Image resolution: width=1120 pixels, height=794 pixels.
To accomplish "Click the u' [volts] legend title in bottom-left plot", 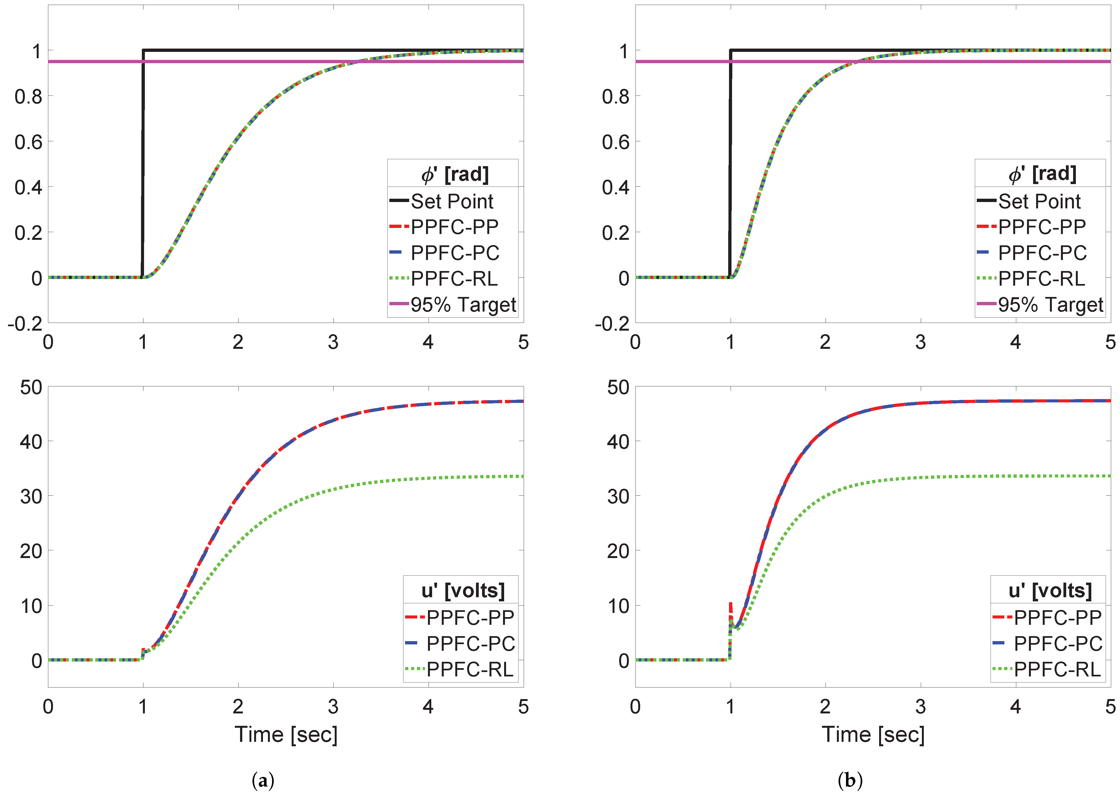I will coord(462,591).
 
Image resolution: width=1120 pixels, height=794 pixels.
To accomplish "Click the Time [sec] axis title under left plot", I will coord(286,734).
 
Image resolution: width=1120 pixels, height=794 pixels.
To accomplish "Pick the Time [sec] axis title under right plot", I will coord(873,734).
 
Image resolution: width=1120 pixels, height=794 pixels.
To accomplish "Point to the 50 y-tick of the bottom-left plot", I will coord(31,387).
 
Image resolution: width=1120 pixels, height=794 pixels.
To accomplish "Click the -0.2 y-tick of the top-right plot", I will coord(611,324).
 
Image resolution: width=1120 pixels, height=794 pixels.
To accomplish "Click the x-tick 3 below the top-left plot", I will coord(333,342).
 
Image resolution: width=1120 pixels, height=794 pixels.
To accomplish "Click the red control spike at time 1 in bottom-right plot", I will coord(730,606).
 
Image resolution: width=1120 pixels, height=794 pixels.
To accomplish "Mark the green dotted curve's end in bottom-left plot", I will coord(522,476).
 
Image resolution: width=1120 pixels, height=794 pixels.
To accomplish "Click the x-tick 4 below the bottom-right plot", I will coord(1015,707).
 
